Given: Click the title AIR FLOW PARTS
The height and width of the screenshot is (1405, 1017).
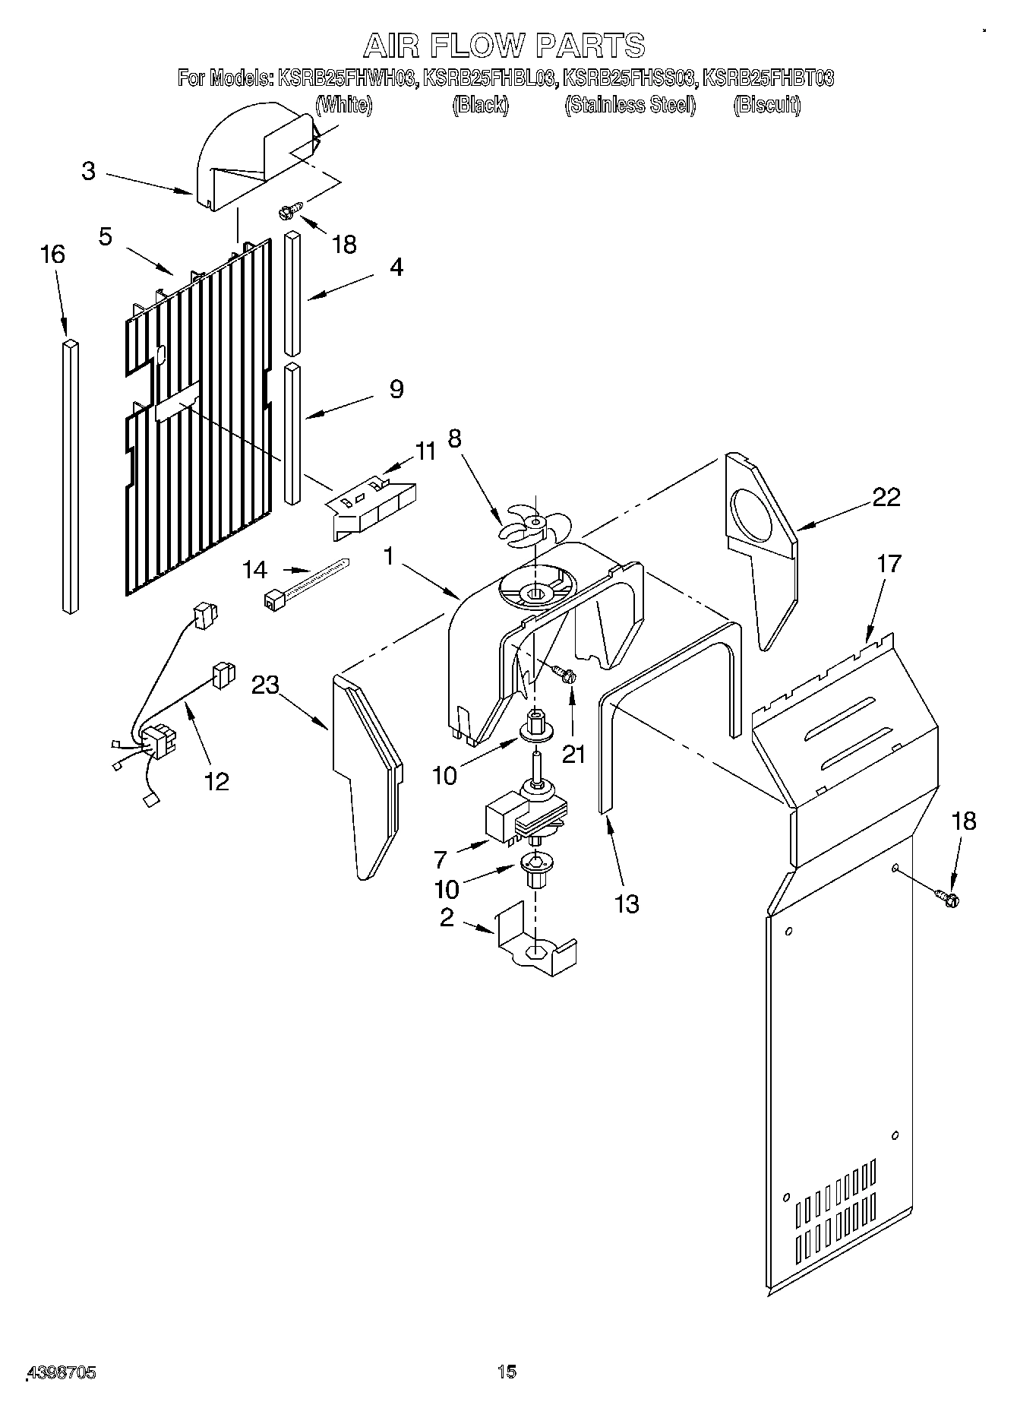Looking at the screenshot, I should [x=504, y=46].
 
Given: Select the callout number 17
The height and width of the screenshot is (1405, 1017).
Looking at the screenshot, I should [x=888, y=564].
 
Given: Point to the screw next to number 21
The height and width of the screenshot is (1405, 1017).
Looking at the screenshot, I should [x=564, y=672].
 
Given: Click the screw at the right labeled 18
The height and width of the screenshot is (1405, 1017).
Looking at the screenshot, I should [x=949, y=897].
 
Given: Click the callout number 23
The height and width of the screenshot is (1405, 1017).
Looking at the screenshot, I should [x=266, y=685].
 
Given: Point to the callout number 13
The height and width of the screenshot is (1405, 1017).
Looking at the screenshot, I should [x=627, y=903].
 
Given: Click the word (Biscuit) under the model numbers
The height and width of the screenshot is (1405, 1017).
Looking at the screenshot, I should [x=766, y=105].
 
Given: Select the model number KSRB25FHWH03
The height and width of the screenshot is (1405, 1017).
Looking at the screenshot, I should [x=348, y=78].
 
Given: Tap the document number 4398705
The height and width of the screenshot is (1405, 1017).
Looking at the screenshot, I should [x=61, y=1372].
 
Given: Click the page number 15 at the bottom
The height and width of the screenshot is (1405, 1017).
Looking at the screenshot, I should [x=507, y=1372].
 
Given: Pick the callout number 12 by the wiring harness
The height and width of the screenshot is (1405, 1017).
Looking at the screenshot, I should [x=217, y=781].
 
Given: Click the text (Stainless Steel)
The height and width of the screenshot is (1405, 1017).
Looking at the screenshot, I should [x=630, y=105].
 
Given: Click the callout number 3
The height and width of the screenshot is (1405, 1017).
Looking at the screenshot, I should [x=89, y=171].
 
